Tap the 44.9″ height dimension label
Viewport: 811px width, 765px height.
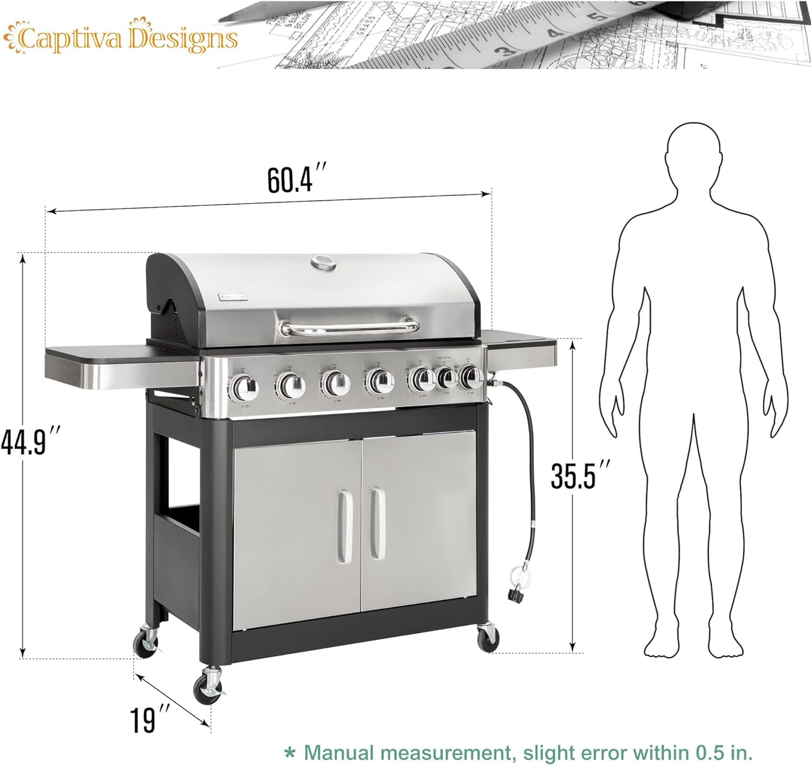tap(30, 441)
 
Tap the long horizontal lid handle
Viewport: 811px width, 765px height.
tap(350, 327)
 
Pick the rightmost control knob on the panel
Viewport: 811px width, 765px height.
tap(470, 379)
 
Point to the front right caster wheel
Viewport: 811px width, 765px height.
tap(487, 635)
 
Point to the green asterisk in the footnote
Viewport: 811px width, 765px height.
tap(289, 752)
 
